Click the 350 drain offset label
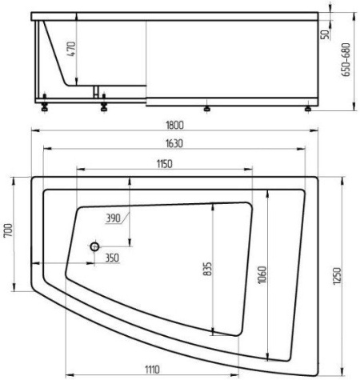(112, 258)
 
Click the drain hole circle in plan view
(94, 247)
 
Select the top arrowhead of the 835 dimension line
(213, 204)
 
